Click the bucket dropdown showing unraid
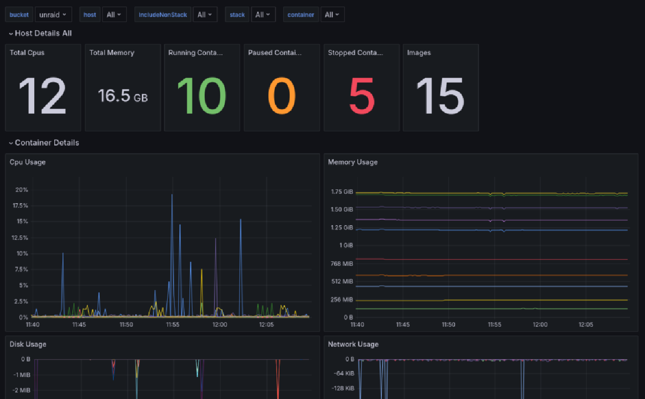53,15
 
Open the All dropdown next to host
114,15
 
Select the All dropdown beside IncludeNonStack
205,15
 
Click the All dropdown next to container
332,15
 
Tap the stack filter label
237,15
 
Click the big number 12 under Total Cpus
43,96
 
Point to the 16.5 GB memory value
123,96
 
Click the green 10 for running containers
202,96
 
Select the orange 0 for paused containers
281,96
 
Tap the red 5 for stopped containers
362,96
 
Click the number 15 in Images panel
440,96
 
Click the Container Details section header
46,143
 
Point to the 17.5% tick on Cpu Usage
20,206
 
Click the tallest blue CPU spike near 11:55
172,195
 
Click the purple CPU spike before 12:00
215,239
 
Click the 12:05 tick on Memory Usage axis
585,325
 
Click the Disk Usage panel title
28,344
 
